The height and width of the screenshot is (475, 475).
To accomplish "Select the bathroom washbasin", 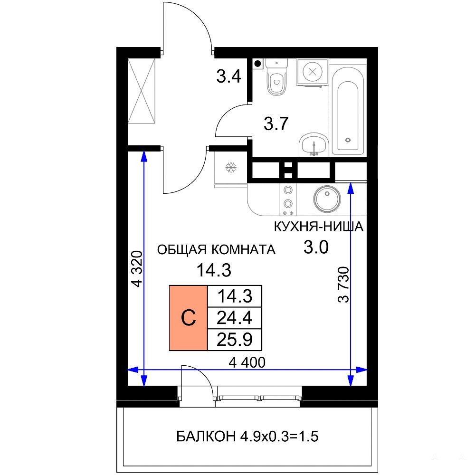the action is tap(313, 144).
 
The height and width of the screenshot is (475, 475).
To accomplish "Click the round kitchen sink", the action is tap(327, 199).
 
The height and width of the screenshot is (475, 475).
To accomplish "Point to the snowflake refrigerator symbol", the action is tap(231, 167).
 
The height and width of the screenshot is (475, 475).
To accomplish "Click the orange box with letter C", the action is tap(188, 318).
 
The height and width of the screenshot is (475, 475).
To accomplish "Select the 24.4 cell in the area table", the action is tap(235, 318).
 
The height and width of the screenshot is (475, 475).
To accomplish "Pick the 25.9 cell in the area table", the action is tap(235, 340).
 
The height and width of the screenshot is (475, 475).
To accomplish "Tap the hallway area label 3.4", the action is tap(229, 76).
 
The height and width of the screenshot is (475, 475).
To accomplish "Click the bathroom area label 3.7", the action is tap(275, 123).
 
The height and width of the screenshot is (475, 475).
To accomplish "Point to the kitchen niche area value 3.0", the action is tap(316, 247).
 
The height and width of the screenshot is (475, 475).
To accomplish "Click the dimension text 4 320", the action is tap(137, 269).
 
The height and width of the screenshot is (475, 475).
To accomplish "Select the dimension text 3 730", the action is tap(343, 285).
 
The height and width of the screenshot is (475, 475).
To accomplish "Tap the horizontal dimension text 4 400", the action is tap(247, 362).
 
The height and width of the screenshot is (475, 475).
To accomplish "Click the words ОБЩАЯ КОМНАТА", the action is tap(216, 250).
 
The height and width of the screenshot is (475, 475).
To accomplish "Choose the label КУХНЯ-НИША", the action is tap(318, 227).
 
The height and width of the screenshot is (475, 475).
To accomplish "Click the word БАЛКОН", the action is tap(206, 437).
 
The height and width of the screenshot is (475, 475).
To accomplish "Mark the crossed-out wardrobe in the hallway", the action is tap(142, 91).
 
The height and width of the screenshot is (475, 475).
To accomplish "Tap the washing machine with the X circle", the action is tap(313, 72).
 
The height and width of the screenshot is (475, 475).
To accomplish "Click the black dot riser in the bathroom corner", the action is tap(257, 64).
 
